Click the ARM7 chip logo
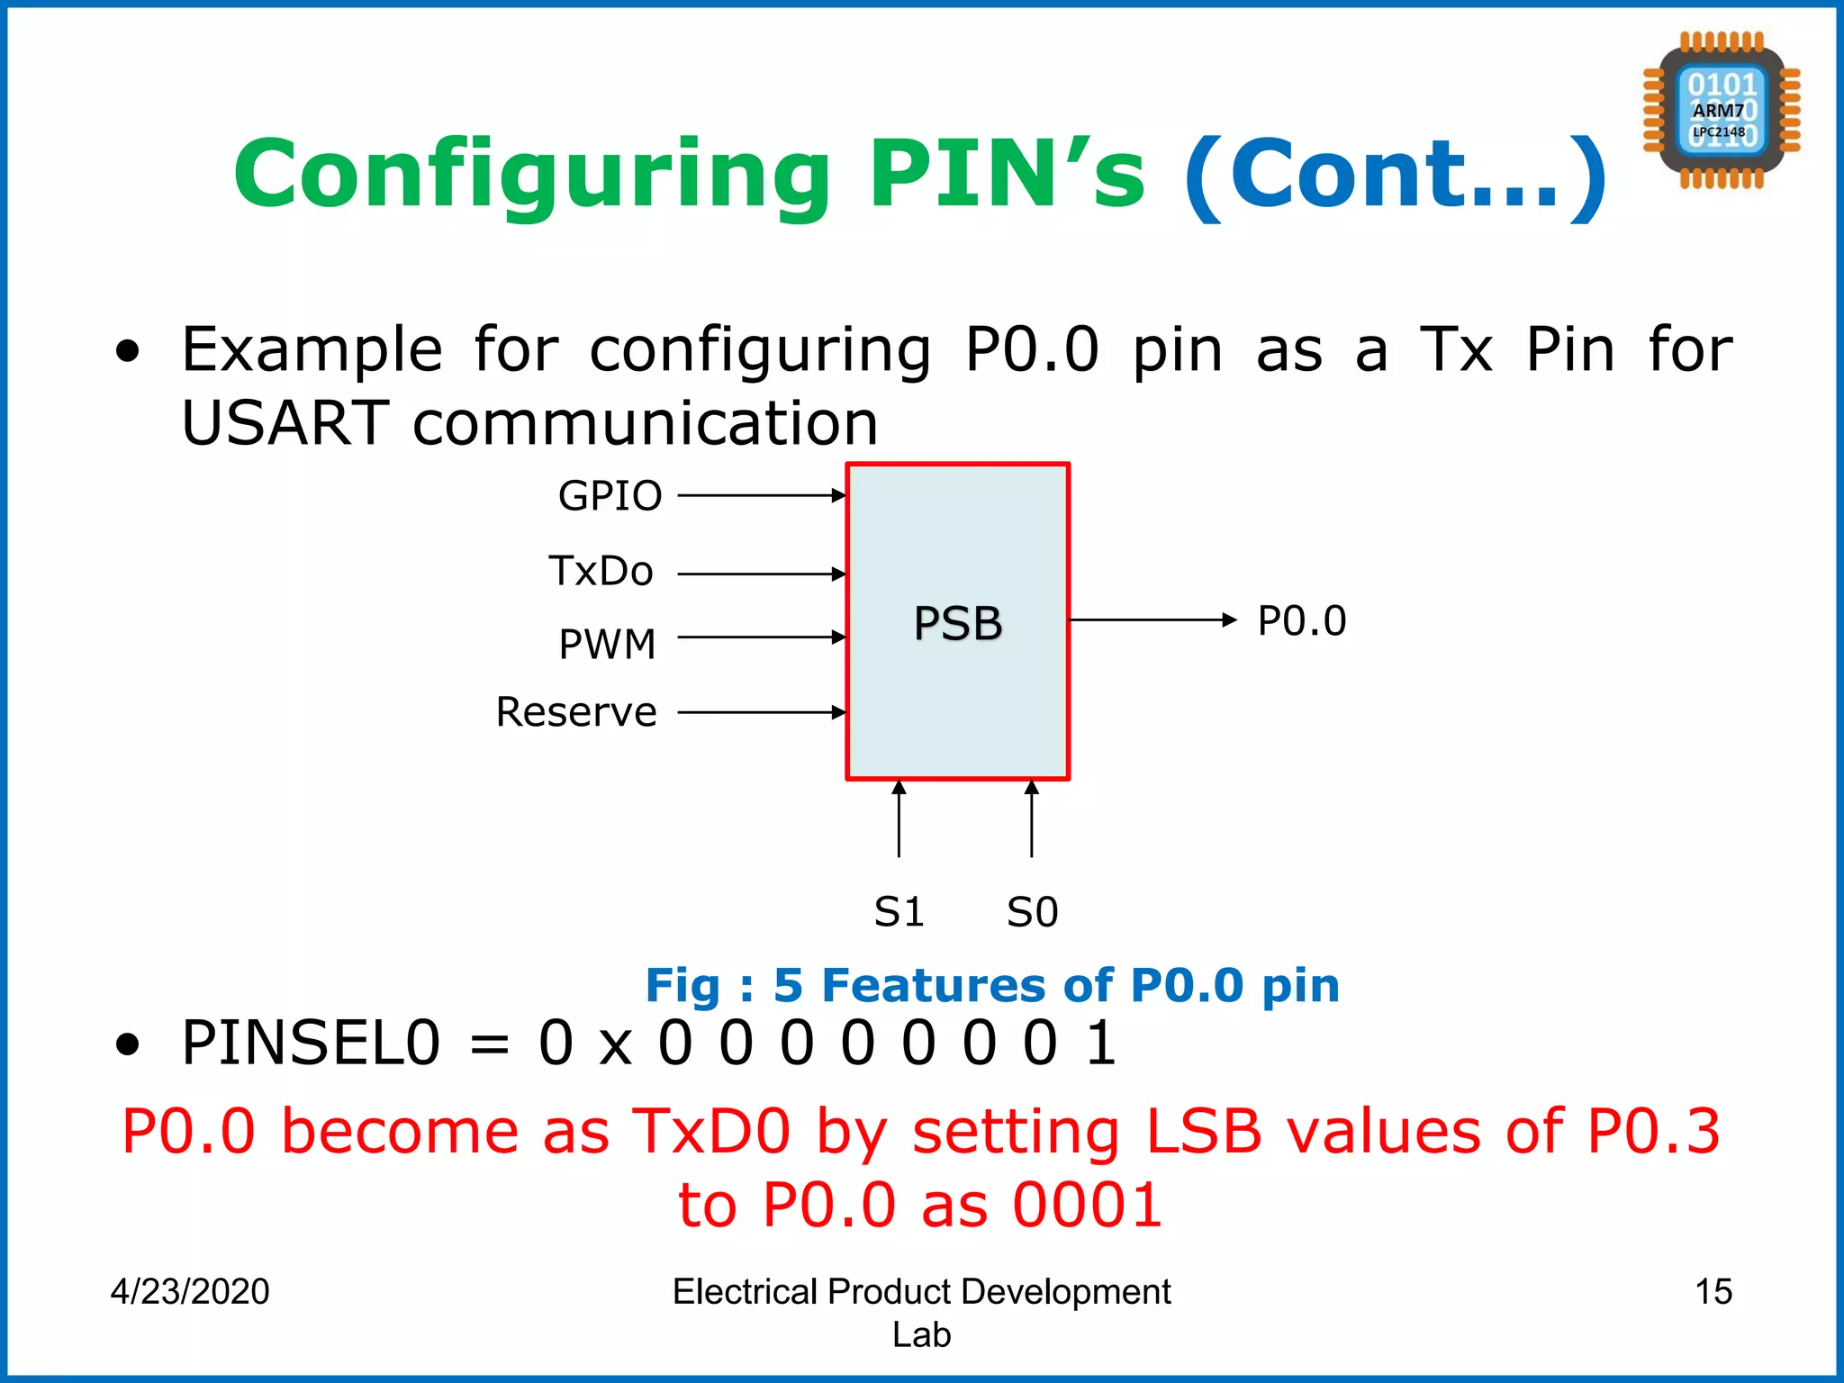coord(1721,110)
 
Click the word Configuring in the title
coord(531,176)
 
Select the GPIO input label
coord(610,496)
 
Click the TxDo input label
coord(601,572)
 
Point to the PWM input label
coord(607,645)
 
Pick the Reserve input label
coord(576,712)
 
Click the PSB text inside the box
coord(957,623)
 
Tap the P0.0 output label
coord(1301,621)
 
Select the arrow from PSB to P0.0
coord(1152,619)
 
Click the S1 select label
coord(899,912)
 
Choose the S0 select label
coord(1032,912)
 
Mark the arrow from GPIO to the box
coord(761,495)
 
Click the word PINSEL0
coord(311,1044)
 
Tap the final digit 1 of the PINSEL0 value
coord(1100,1044)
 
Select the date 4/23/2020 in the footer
coord(190,1291)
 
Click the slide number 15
coord(1713,1291)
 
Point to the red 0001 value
coord(1087,1206)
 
